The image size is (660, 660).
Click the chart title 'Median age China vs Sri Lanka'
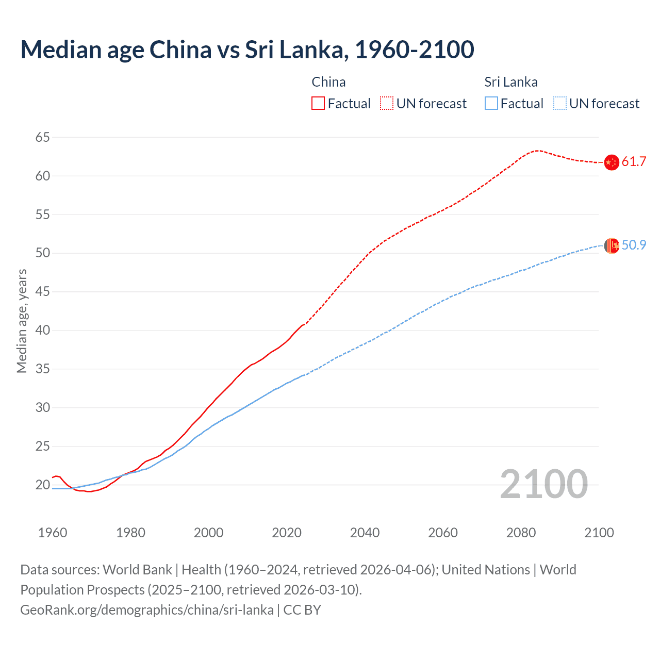pos(247,49)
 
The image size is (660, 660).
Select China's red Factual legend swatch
pos(318,103)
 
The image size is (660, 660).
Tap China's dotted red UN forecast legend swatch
pos(387,103)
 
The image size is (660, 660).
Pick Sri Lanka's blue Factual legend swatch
pos(491,103)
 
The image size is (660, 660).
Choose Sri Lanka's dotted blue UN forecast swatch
pos(560,103)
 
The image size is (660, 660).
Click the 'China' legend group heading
pos(328,82)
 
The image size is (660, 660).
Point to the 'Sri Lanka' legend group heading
pos(510,82)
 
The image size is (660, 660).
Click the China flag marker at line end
pos(611,162)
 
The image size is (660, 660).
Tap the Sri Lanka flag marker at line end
pos(611,246)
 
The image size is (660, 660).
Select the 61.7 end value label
pos(634,162)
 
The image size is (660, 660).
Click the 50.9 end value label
pos(634,245)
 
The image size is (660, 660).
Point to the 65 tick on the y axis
pos(43,137)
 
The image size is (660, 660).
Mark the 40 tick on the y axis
pos(43,330)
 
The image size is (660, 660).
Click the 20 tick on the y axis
pos(43,485)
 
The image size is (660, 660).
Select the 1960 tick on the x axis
pos(53,533)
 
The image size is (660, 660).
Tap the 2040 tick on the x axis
pos(365,533)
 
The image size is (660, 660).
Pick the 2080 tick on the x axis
pos(521,533)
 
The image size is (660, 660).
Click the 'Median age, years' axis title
pos(22,321)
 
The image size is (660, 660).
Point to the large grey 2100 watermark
pos(543,484)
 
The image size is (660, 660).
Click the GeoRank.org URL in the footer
pos(147,610)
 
